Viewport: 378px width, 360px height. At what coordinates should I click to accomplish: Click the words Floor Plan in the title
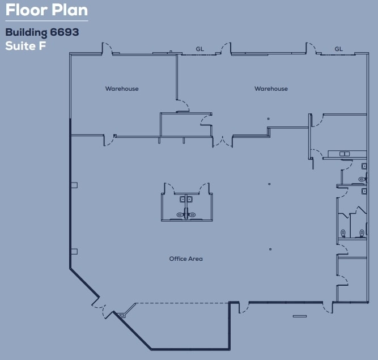(46, 11)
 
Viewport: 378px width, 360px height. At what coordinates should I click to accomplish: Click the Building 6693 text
(42, 32)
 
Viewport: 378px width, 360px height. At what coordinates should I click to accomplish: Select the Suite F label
(26, 46)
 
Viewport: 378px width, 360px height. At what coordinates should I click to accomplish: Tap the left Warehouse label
(122, 88)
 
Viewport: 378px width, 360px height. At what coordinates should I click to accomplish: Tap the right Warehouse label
(271, 88)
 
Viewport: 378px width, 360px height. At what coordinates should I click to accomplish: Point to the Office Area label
(186, 259)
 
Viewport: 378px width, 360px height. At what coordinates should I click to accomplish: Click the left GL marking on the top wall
(199, 49)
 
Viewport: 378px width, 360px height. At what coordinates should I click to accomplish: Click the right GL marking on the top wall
(339, 49)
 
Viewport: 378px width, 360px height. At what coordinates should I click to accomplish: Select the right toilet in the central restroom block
(192, 215)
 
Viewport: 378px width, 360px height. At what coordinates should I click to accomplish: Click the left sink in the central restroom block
(182, 199)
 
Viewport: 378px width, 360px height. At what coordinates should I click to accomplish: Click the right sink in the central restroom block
(190, 199)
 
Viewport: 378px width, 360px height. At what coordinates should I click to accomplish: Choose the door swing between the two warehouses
(182, 106)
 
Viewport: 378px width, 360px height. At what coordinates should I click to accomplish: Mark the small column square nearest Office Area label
(270, 249)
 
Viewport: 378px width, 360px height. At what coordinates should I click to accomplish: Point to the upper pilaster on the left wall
(74, 185)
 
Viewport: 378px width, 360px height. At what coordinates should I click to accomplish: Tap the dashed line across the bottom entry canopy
(181, 303)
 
